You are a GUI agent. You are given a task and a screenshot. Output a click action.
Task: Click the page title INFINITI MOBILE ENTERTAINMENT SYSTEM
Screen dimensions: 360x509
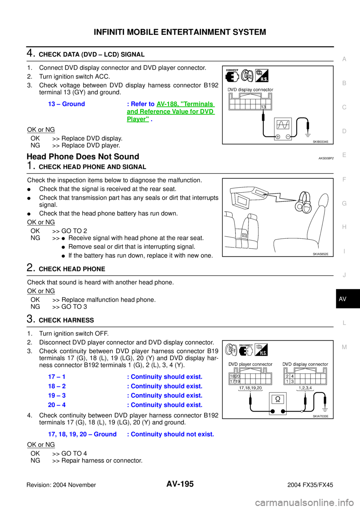(x=180, y=32)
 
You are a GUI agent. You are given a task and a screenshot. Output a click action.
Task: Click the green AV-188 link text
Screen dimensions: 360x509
(x=171, y=111)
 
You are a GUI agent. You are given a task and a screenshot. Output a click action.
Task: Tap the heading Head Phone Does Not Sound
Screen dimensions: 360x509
(x=83, y=157)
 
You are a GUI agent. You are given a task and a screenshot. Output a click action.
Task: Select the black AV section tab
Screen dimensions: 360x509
(x=348, y=299)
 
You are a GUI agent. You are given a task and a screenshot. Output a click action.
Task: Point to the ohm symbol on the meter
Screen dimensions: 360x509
(x=277, y=399)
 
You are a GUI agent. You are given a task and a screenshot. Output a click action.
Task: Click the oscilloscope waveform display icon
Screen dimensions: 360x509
(x=283, y=125)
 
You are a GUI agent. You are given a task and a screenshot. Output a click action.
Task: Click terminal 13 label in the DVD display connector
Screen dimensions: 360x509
(x=263, y=107)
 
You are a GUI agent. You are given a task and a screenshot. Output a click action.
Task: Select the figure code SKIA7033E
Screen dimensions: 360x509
(x=321, y=416)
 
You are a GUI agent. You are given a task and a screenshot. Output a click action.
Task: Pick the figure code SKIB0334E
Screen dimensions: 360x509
(x=321, y=142)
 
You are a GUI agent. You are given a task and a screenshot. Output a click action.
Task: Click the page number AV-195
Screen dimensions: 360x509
(x=180, y=484)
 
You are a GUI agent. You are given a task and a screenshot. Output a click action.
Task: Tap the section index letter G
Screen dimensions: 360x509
(x=344, y=204)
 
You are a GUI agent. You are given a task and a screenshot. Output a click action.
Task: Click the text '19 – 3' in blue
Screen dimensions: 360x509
(x=57, y=395)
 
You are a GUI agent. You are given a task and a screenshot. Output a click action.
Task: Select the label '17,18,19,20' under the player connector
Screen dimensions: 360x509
(x=250, y=388)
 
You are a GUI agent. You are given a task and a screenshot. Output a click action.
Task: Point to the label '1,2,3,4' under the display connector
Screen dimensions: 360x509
(x=305, y=388)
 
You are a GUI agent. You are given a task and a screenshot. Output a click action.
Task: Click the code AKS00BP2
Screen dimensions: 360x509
(x=326, y=158)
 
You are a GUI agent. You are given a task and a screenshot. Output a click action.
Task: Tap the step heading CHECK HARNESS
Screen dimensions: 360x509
(x=66, y=320)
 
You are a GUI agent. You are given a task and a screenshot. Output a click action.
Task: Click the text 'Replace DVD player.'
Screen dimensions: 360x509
(x=91, y=145)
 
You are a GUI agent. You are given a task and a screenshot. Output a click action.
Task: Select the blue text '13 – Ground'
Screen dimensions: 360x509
(x=66, y=104)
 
